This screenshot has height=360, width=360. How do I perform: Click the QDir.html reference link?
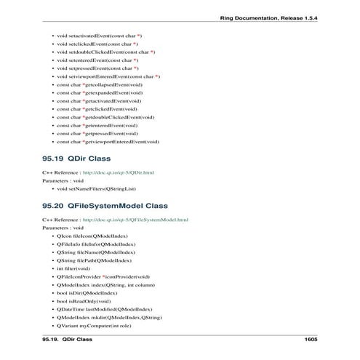pos(119,172)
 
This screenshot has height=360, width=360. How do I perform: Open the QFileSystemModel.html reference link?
pos(135,220)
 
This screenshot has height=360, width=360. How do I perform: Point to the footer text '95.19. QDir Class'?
pos(68,340)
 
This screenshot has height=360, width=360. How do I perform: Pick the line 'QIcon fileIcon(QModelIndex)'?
pos(92,236)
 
